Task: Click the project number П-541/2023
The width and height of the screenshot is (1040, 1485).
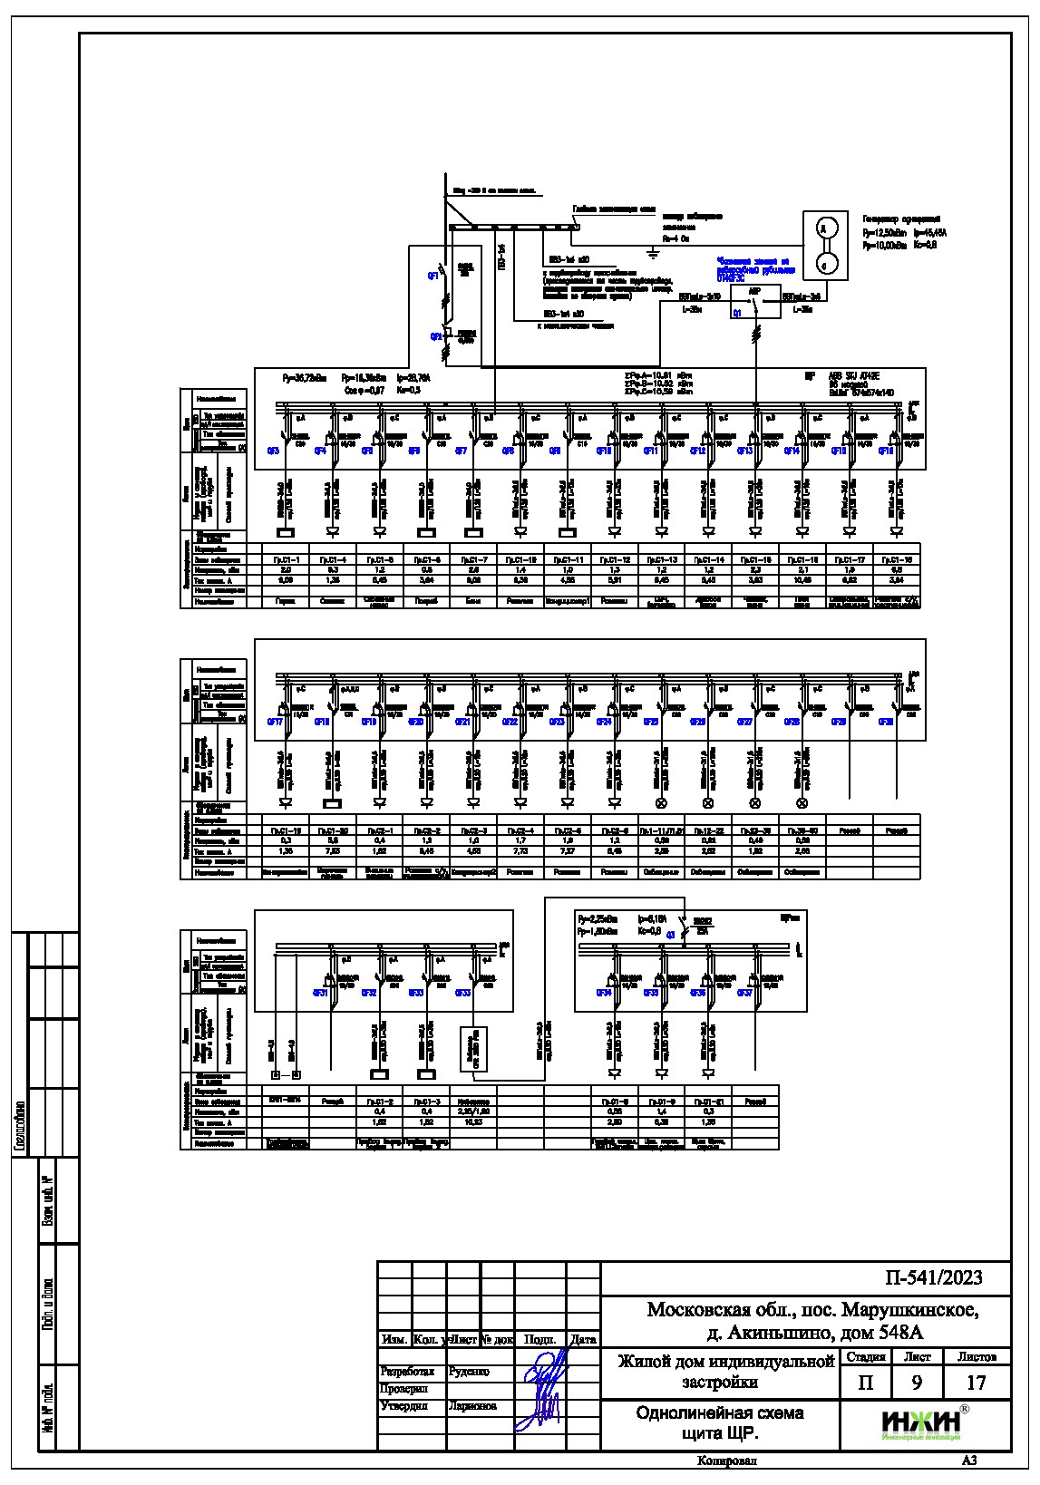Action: coord(933,1278)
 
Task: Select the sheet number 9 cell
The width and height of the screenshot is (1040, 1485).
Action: coord(917,1383)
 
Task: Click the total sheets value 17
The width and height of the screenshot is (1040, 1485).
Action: coord(976,1383)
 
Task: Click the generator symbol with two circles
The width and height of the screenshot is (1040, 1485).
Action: coord(825,245)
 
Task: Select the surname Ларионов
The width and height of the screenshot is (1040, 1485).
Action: coord(472,1406)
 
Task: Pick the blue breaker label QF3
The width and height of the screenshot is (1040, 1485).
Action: coord(273,451)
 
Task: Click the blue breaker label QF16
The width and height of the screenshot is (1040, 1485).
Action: coord(886,451)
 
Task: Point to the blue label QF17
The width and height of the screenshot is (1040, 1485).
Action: coord(274,722)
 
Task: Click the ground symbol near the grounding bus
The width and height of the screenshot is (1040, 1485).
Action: coord(652,249)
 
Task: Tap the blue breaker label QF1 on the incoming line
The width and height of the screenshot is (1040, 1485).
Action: coord(433,276)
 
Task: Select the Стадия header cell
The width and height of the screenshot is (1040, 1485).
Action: coord(864,1357)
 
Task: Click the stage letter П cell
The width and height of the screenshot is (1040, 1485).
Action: coord(865,1383)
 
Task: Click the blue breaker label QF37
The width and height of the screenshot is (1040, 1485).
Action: coord(744,994)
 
